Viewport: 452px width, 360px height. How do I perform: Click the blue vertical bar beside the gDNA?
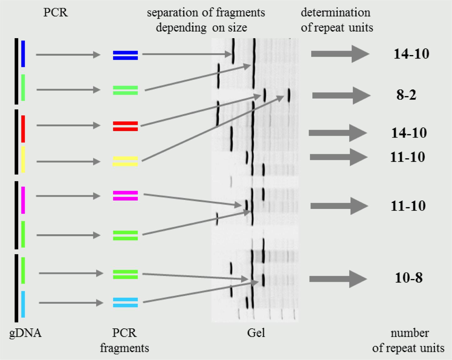23,53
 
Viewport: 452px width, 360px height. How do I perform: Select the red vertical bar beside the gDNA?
23,129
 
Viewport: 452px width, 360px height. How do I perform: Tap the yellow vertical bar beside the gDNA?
23,159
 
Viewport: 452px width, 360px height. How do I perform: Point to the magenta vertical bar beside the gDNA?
23,200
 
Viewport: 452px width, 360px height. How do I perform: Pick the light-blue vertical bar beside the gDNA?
23,304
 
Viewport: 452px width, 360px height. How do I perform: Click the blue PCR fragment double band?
125,55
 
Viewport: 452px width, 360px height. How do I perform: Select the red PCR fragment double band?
125,126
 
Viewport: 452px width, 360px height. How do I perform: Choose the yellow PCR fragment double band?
125,161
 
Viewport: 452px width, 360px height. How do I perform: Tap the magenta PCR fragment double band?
125,196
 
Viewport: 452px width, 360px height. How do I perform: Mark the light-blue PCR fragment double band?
125,302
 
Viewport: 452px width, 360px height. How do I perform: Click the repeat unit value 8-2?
406,95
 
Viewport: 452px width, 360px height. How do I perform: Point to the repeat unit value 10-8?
408,278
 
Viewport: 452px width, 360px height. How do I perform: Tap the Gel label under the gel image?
256,333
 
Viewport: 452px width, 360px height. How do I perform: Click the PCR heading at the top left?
55,13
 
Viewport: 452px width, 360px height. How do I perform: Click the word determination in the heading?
336,13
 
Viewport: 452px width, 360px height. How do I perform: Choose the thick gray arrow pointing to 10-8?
338,279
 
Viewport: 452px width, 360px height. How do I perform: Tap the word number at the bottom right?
410,333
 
